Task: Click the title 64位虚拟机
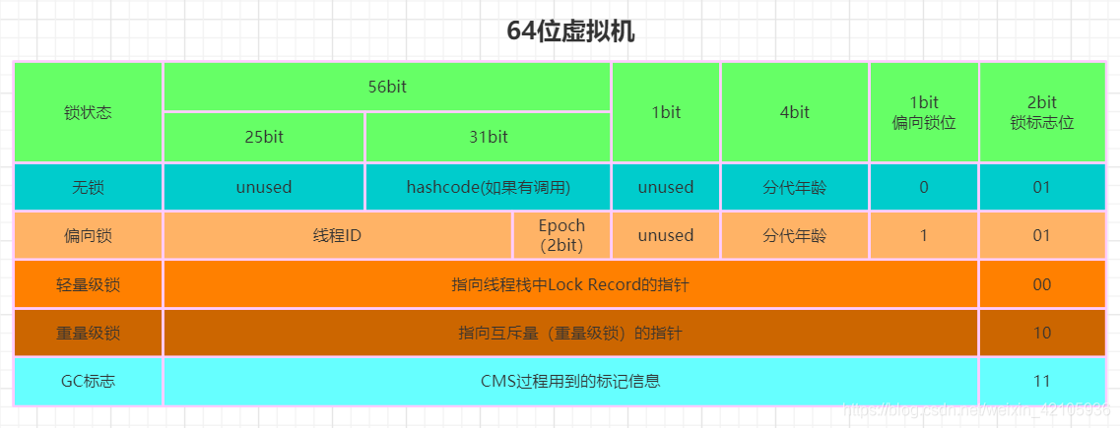point(570,31)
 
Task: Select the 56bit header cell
point(387,87)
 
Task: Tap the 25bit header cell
point(264,137)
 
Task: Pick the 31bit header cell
point(489,137)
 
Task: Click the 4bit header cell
point(794,112)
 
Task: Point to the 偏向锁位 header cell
point(924,112)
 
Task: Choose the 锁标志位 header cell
point(1041,112)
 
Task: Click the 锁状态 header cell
point(88,112)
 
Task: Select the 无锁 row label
point(88,187)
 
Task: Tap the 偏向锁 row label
point(88,235)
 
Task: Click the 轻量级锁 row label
point(88,284)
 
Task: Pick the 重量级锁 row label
point(88,334)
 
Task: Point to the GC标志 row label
point(88,382)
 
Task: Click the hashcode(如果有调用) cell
point(489,187)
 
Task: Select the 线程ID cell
point(337,235)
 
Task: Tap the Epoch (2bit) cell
point(561,235)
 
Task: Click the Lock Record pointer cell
point(570,284)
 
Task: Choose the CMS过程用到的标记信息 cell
point(570,382)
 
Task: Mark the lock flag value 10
point(1041,334)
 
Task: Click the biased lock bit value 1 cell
point(924,235)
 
